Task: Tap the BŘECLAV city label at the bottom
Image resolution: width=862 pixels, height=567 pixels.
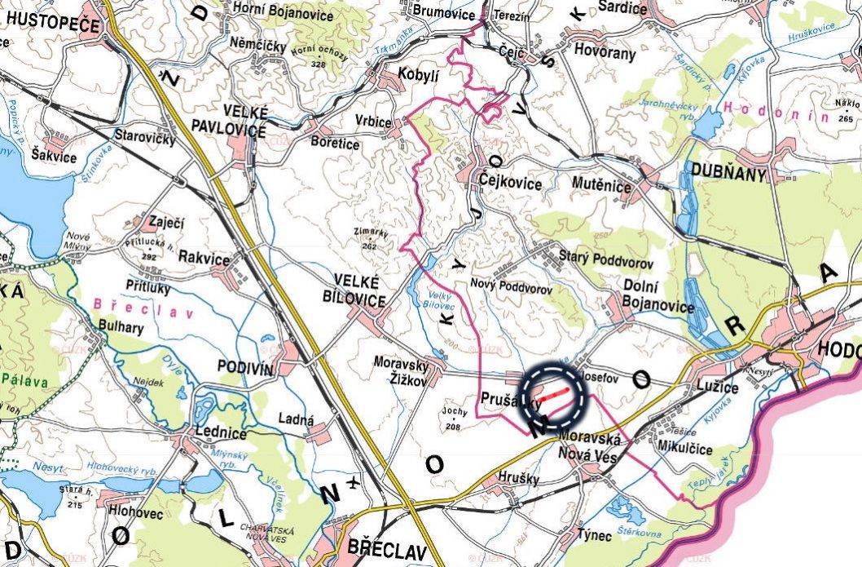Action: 386,551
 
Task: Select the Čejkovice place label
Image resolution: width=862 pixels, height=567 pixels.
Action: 510,184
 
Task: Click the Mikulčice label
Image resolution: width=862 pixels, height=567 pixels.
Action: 684,450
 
